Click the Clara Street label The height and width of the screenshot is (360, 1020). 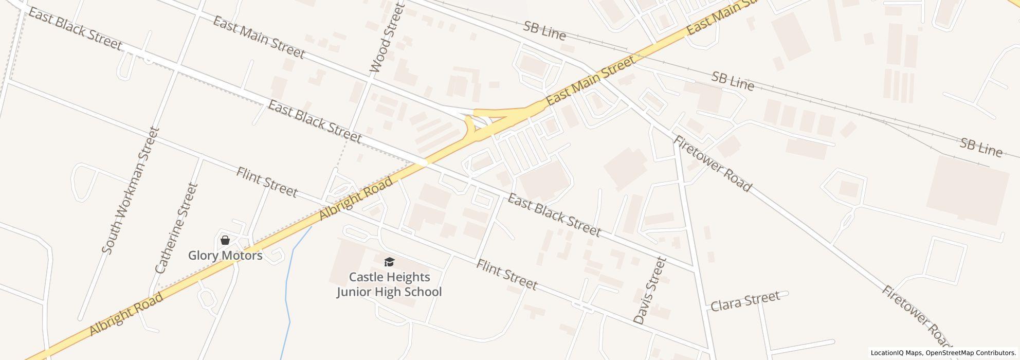[745, 301]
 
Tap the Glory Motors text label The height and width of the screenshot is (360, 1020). [225, 256]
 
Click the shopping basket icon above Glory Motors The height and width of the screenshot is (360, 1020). [225, 240]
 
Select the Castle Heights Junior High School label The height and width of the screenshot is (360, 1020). [389, 284]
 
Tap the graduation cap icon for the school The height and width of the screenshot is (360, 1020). [389, 262]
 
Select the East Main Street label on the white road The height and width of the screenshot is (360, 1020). [259, 38]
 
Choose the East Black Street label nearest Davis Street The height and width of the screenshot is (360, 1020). [554, 215]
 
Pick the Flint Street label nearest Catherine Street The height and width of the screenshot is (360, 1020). [267, 182]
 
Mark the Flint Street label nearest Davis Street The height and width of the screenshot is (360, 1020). [506, 275]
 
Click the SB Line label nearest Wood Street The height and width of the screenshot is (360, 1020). [544, 31]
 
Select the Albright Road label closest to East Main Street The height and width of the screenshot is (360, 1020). [357, 199]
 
